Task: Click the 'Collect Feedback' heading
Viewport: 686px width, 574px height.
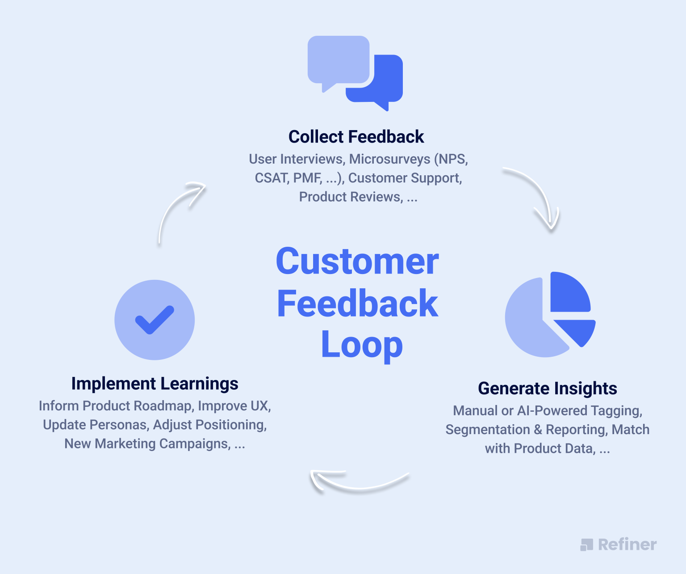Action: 356,137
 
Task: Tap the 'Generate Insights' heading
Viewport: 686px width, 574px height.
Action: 548,388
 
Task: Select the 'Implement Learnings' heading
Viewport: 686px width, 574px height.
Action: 155,384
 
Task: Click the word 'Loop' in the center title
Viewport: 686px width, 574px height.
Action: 362,345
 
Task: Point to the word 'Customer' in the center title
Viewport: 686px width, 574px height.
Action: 357,262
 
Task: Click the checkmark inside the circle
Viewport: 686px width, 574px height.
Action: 155,320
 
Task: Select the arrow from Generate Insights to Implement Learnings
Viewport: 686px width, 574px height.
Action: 357,483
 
